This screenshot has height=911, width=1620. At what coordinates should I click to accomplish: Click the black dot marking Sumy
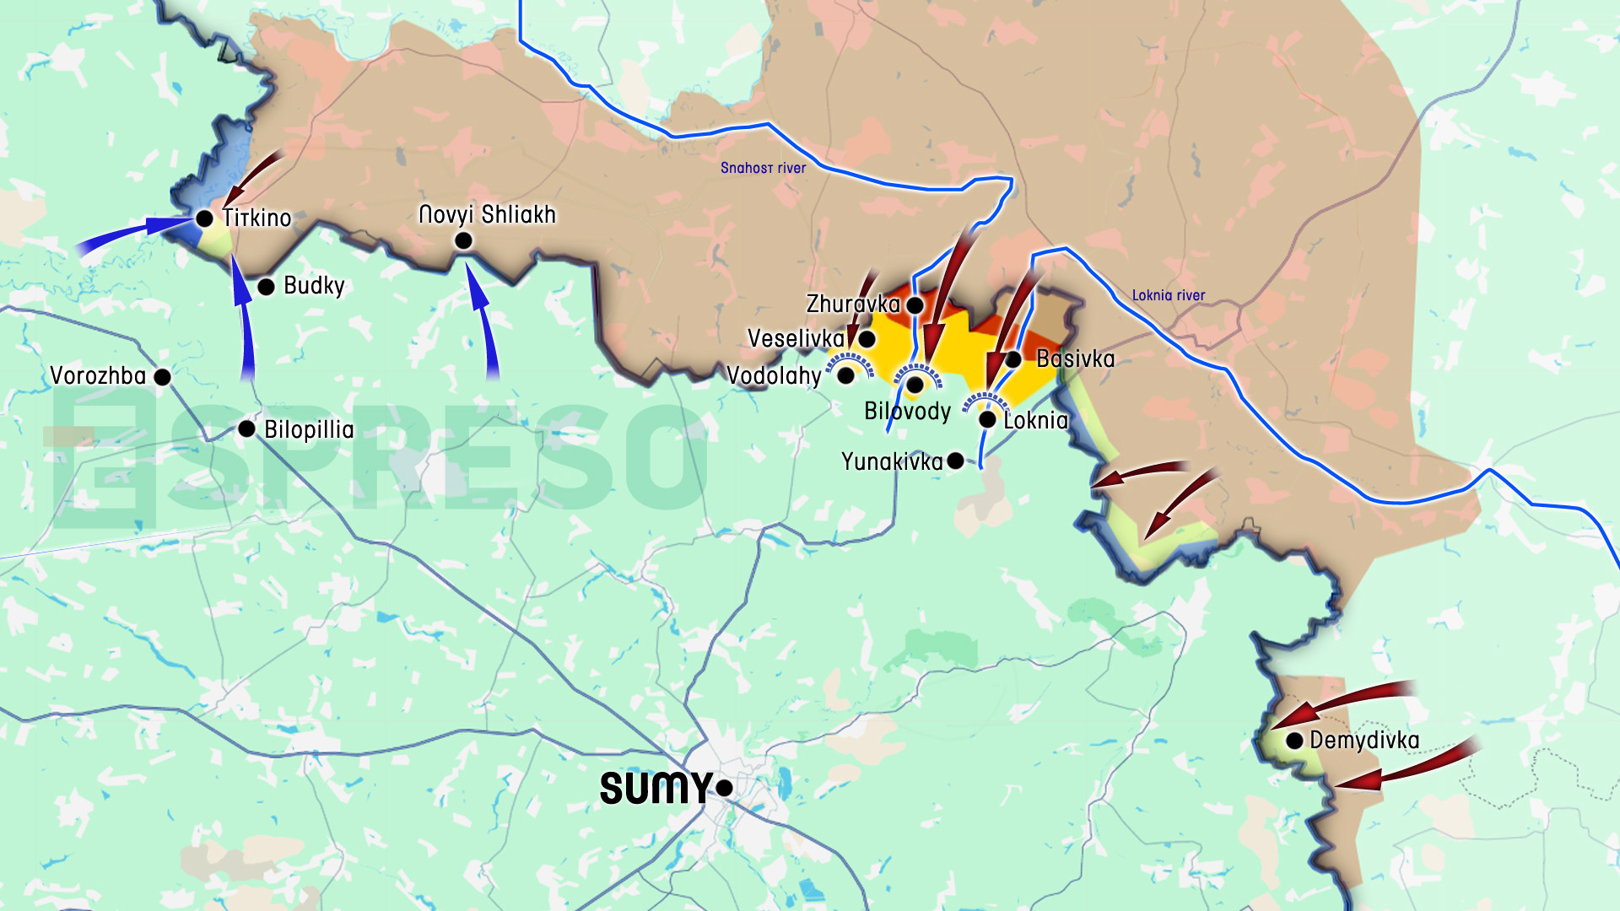click(724, 788)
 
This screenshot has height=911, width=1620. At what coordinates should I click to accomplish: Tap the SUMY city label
click(656, 789)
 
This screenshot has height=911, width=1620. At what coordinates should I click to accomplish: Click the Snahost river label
click(763, 168)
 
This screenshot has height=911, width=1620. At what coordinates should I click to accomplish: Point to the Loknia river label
click(1168, 295)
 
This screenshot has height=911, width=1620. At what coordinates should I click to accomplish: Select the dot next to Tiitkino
click(204, 218)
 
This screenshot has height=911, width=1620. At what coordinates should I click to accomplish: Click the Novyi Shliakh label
click(487, 215)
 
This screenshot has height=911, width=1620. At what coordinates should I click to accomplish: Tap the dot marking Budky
click(266, 287)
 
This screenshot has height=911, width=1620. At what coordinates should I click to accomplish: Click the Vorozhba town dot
click(163, 377)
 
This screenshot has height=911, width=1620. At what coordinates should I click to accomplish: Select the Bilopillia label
click(309, 430)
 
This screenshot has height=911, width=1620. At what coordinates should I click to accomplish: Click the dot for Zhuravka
click(915, 305)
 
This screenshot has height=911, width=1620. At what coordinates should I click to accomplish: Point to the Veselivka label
click(796, 339)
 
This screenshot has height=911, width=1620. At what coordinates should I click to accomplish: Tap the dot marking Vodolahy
click(845, 376)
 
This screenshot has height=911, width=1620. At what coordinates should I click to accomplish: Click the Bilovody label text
click(907, 412)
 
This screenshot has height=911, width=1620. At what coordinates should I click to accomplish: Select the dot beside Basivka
click(1013, 359)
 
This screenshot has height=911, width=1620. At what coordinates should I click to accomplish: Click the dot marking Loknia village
click(987, 419)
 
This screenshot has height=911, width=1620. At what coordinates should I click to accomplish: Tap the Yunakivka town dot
click(955, 461)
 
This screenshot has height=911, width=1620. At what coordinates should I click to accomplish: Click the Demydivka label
click(1364, 741)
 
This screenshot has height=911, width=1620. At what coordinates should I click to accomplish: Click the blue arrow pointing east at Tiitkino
click(135, 234)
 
